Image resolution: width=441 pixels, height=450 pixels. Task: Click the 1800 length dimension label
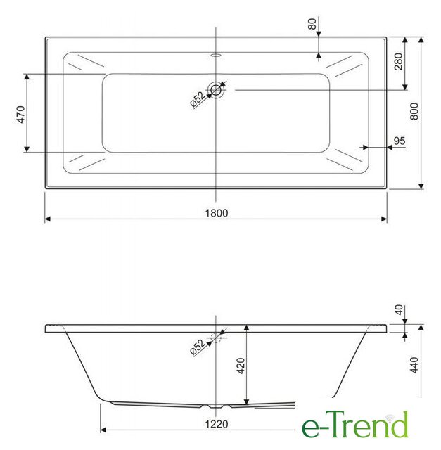(217, 213)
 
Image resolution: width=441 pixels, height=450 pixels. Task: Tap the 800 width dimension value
(414, 111)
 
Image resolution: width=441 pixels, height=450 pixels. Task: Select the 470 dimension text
(21, 115)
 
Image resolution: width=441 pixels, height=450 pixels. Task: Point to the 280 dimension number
(399, 61)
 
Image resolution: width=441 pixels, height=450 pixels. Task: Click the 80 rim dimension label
(312, 24)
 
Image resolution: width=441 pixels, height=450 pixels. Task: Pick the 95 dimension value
(400, 141)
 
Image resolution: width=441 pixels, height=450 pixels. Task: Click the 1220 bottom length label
(217, 424)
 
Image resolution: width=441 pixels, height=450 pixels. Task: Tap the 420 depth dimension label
(241, 366)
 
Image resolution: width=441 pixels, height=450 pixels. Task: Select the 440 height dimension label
(414, 365)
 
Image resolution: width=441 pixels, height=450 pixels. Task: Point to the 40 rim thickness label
(399, 310)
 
